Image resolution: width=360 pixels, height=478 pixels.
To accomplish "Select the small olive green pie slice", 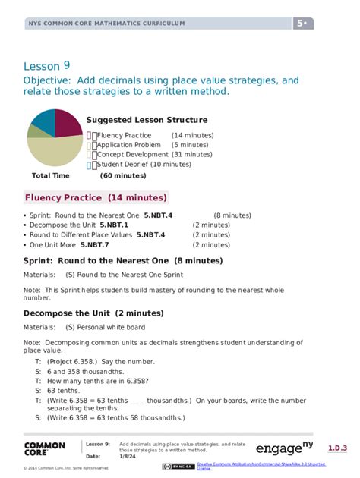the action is pos(36,132).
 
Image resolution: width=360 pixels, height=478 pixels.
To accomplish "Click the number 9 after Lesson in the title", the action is pos(67,65).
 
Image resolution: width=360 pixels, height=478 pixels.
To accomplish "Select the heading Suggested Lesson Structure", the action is pos(147,120).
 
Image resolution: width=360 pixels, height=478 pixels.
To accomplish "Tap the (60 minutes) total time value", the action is pos(123,175).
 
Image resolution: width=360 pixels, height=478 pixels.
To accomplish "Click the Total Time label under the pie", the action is pos(51,175).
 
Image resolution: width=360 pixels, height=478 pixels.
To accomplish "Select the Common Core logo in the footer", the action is pos(45,448).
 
